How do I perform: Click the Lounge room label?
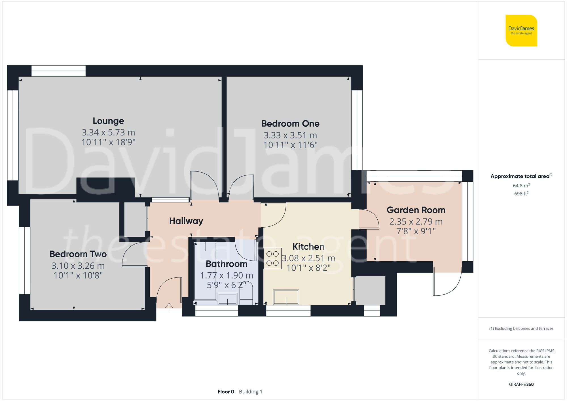tap(108, 121)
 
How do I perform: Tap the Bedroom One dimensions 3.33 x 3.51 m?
tap(290, 135)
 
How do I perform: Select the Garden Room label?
tap(416, 210)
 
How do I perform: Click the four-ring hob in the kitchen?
tap(272, 258)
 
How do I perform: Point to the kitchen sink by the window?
tap(286, 297)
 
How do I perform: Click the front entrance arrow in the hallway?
tap(169, 307)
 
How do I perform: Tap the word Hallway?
tap(186, 221)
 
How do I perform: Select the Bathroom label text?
tap(226, 264)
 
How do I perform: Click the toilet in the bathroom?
tap(246, 295)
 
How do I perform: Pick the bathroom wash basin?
tap(227, 299)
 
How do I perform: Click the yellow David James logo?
tap(521, 31)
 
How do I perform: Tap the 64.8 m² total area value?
tap(521, 186)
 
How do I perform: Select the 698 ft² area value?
tap(521, 194)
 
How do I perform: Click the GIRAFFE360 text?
tap(521, 385)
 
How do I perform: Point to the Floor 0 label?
tap(226, 392)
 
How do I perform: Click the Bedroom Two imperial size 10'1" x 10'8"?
tap(78, 275)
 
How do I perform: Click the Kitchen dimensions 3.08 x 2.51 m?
tap(308, 258)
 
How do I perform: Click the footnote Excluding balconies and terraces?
tap(521, 328)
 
